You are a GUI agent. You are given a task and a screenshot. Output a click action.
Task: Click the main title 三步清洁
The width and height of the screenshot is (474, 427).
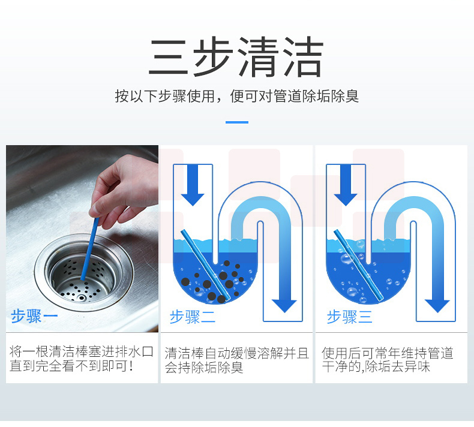coord(236,56)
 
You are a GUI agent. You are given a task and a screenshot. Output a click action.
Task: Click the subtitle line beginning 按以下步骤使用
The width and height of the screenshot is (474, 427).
coord(236,97)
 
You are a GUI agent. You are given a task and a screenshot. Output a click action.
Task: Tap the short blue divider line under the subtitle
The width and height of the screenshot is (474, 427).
coord(237,122)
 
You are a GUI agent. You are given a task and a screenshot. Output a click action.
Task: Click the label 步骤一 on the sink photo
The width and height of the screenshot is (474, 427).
coord(34,317)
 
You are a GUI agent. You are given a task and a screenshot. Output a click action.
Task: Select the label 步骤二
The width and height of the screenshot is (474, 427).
coord(193,317)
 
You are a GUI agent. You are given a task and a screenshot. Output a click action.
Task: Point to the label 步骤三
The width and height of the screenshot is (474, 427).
coord(349,317)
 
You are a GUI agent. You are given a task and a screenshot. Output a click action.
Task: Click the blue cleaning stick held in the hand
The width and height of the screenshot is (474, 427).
coord(90,249)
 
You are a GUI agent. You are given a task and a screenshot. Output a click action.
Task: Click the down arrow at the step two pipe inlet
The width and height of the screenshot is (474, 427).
coord(193,185)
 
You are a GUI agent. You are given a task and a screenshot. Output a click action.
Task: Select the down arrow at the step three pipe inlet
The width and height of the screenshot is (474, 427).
coord(346,185)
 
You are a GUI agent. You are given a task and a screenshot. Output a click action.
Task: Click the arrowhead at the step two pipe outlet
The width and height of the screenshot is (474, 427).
coord(284,305)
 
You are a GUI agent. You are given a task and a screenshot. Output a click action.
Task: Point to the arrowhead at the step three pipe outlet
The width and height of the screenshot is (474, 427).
coord(437,305)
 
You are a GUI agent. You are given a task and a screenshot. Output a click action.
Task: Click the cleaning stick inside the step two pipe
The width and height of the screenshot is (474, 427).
coord(206,265)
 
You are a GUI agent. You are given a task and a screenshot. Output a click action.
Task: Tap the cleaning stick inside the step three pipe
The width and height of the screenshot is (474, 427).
coord(359,265)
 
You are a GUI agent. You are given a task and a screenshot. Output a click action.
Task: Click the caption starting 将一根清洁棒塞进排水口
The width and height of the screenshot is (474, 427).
coord(82,359)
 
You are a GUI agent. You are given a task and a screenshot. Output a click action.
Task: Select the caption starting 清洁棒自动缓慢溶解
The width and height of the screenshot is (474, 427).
coord(236,360)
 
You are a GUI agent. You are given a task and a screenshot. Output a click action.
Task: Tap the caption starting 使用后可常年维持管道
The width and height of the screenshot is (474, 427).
coord(388,360)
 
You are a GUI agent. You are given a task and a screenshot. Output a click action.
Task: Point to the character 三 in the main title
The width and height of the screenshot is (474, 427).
coord(169,58)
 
